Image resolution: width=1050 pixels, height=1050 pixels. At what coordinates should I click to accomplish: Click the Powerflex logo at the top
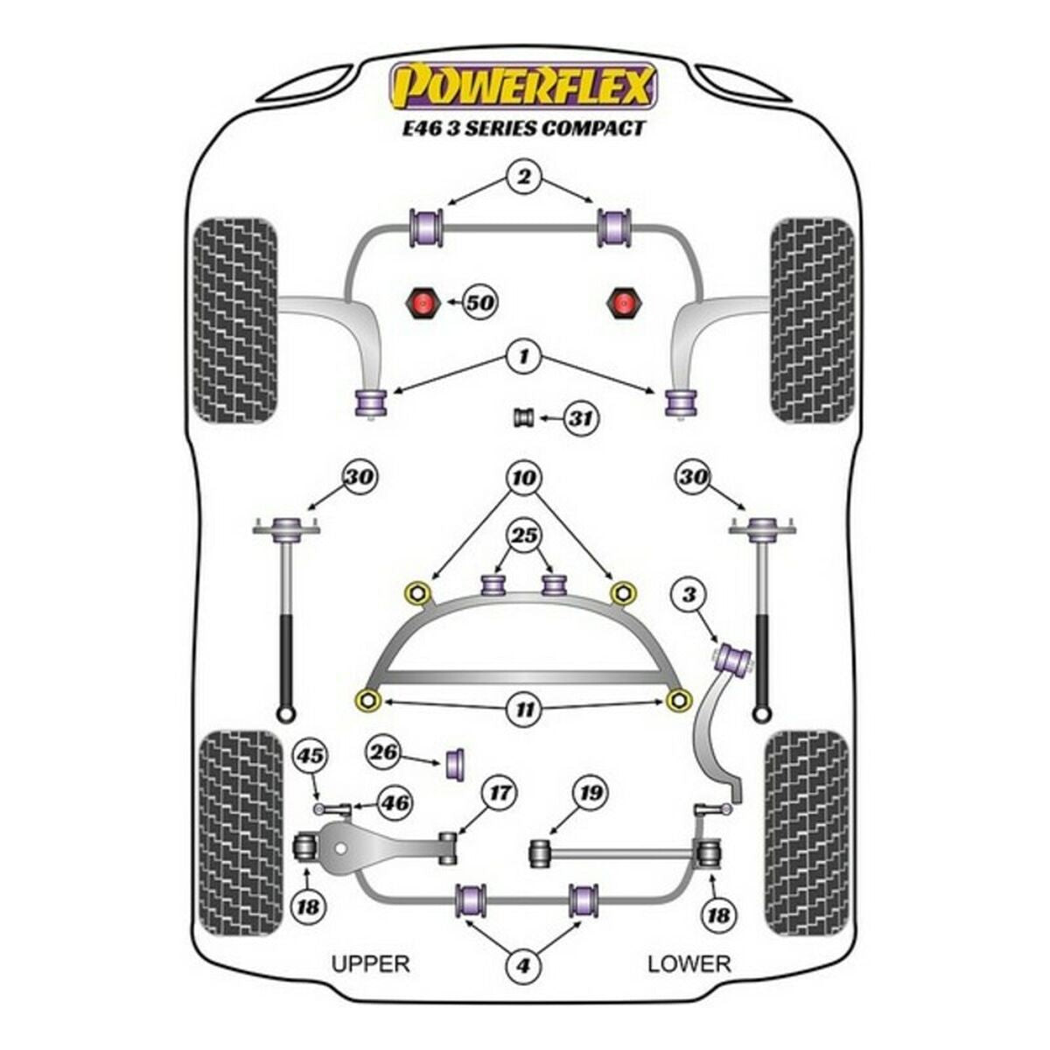tap(523, 86)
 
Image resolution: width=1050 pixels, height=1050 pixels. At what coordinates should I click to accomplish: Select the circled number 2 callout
tap(523, 178)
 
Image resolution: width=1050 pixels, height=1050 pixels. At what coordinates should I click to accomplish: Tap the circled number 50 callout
tap(479, 304)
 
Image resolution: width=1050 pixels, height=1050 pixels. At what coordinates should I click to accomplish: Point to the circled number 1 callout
tap(523, 356)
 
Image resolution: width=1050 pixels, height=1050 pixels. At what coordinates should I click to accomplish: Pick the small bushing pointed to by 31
tap(523, 418)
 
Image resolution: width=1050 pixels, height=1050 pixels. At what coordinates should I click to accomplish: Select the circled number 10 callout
tap(523, 478)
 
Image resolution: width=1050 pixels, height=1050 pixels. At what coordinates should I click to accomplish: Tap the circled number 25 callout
tap(523, 535)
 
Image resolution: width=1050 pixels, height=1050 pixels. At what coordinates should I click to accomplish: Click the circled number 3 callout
tap(690, 596)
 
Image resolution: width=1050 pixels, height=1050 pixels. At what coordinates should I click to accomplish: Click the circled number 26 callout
tap(384, 752)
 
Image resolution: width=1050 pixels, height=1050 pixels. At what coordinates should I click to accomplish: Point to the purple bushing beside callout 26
tap(456, 762)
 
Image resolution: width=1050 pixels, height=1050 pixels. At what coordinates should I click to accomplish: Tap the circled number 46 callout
tap(395, 801)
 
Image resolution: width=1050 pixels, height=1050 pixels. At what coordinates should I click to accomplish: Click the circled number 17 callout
tap(500, 794)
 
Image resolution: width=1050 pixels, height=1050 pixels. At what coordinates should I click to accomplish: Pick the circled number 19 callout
tap(591, 794)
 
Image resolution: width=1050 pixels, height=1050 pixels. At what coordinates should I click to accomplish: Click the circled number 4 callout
tap(523, 966)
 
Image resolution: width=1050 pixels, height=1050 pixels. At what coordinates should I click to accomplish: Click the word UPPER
tap(370, 963)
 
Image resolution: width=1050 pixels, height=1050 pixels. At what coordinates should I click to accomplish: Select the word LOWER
tap(689, 963)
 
